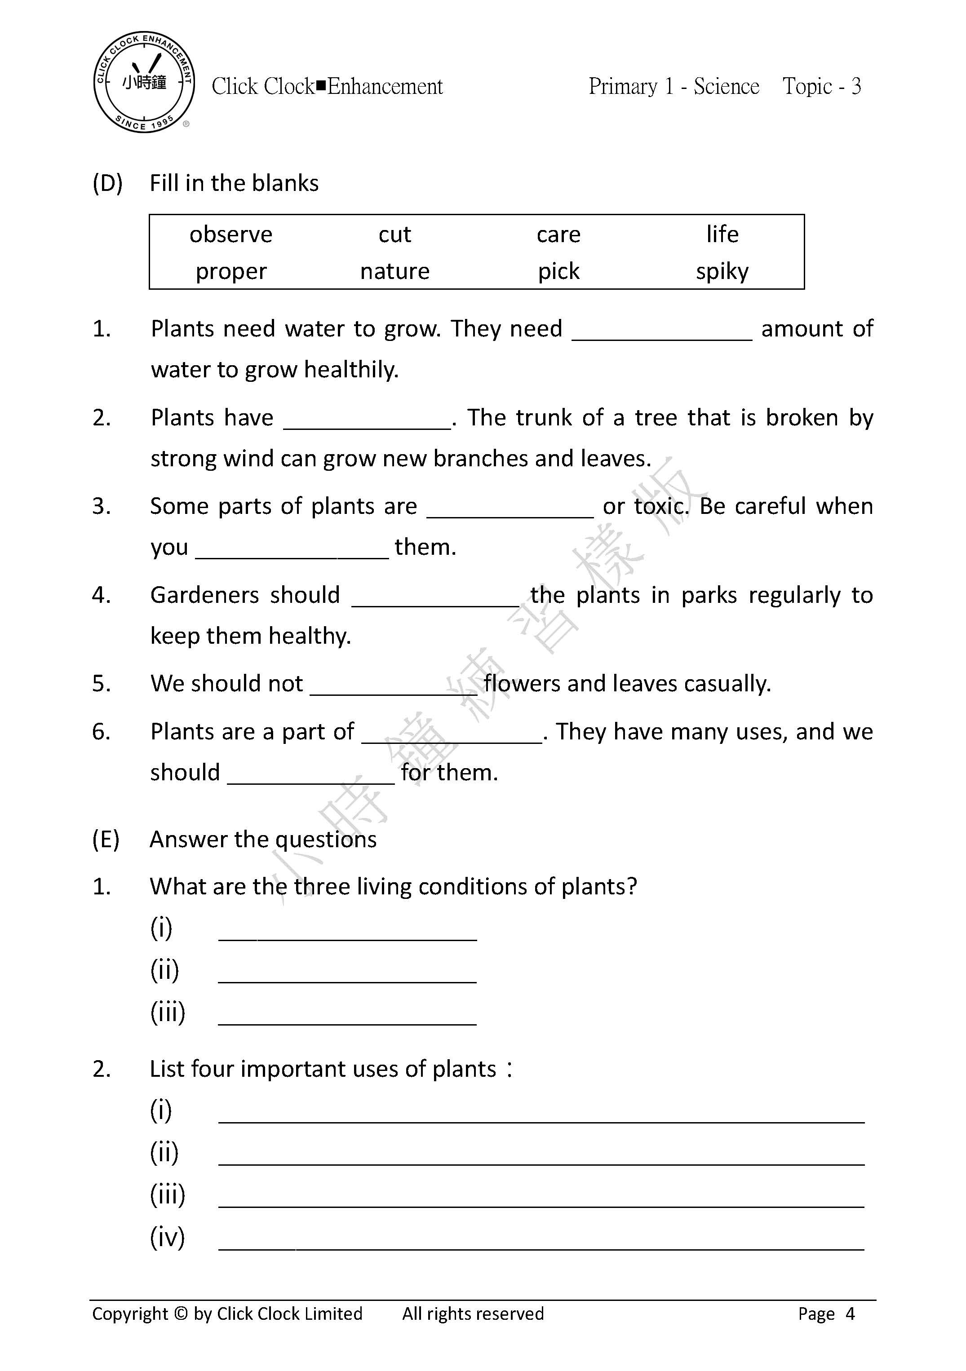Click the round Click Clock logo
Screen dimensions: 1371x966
144,82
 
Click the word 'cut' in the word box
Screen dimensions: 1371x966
395,234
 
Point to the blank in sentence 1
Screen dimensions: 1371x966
662,332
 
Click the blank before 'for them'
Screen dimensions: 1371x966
310,775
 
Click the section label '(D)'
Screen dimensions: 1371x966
107,183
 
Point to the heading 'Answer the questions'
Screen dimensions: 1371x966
263,840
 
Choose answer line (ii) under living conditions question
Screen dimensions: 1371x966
347,973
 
